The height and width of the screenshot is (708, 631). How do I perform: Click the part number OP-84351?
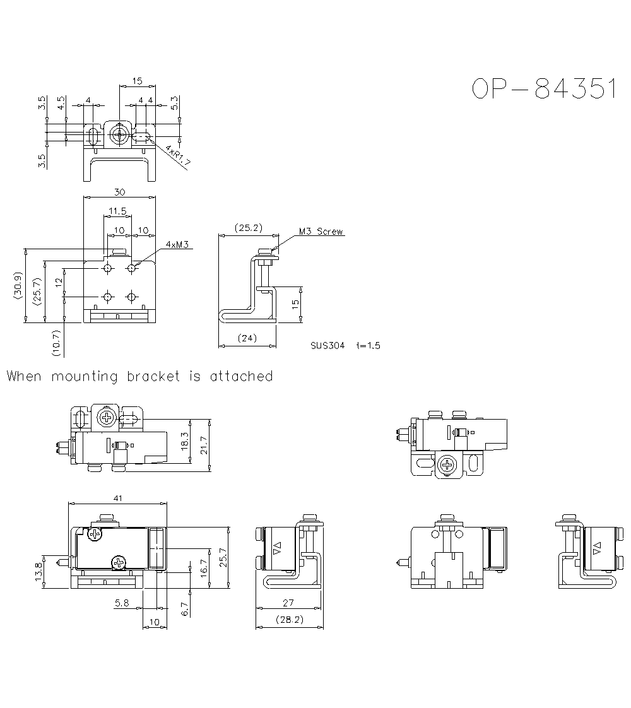coord(543,90)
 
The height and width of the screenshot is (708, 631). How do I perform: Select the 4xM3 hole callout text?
coord(177,244)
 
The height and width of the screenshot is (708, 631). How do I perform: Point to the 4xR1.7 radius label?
coord(179,155)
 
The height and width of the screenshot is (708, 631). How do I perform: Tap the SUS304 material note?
coord(327,346)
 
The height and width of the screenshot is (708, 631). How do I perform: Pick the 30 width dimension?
coord(119,192)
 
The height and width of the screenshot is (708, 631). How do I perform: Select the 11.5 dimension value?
coord(117,211)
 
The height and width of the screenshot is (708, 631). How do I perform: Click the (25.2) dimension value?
coord(247,228)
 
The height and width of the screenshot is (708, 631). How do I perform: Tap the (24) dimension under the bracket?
coord(247,338)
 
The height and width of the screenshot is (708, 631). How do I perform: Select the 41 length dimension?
coord(117,498)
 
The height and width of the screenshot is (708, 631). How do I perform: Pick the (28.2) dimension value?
coord(290,620)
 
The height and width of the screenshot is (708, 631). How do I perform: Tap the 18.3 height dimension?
coord(184,441)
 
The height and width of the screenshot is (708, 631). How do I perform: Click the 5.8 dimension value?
coord(122,604)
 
